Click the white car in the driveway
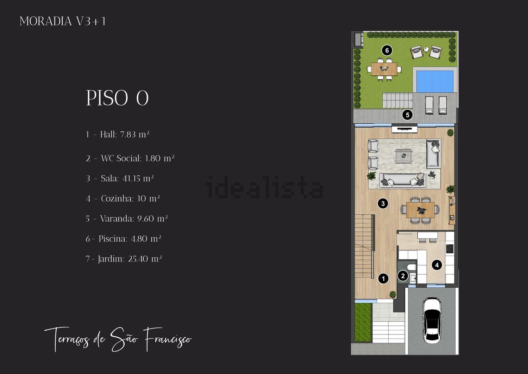point(432,320)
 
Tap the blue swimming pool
point(435,81)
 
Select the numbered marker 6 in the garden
point(387,50)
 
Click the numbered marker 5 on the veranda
point(407,115)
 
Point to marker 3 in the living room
point(383,203)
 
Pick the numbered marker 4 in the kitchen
point(437,265)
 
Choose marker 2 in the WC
point(403,276)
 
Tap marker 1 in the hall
point(383,278)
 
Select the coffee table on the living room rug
point(404,156)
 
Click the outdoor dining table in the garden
point(384,69)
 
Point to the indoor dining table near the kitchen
point(420,210)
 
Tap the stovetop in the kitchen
point(450,249)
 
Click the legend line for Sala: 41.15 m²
point(120,178)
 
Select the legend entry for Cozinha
point(123,198)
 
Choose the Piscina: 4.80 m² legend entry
point(123,239)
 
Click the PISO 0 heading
point(117,98)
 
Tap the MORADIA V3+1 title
point(62,21)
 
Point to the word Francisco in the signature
point(168,339)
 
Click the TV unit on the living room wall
point(404,129)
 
